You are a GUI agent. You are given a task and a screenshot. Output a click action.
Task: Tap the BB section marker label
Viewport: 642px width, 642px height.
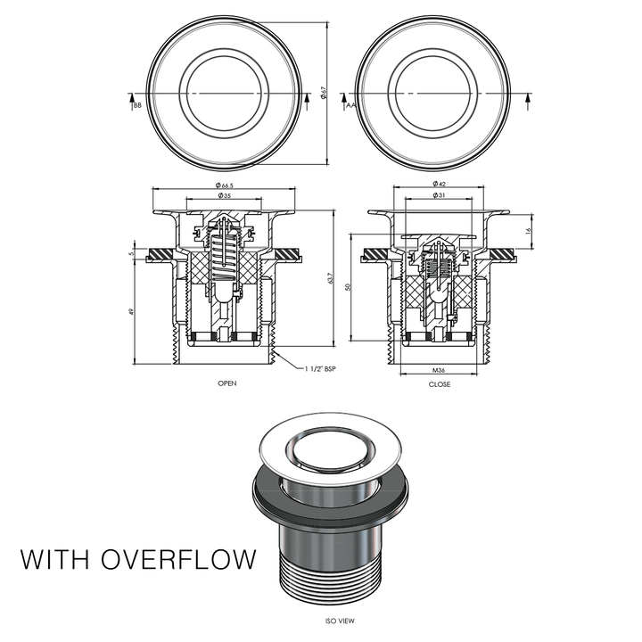click(136, 106)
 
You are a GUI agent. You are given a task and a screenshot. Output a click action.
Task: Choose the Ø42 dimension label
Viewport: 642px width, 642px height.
click(439, 185)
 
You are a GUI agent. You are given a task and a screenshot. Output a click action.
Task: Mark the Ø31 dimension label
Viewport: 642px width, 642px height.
click(439, 195)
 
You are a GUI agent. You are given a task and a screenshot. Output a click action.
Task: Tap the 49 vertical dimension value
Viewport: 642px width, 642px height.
click(131, 311)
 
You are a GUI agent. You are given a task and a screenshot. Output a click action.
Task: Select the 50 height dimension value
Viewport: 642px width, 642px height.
click(349, 286)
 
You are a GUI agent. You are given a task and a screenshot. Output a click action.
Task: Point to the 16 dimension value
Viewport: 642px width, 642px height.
click(529, 230)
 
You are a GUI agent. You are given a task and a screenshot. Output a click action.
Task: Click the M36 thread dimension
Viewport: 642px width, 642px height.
click(439, 369)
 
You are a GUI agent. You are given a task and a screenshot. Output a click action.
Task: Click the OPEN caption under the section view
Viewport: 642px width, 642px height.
click(227, 383)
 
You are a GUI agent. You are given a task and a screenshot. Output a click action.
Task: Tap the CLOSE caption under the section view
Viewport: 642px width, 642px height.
click(440, 384)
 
